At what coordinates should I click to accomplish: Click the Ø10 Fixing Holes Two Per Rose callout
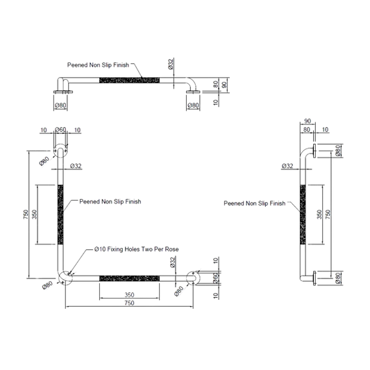[x=136, y=249]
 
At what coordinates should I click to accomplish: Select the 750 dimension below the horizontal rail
[x=129, y=303]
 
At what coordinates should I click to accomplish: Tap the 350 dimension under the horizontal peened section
[x=129, y=295]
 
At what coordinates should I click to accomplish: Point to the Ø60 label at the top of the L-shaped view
[x=60, y=130]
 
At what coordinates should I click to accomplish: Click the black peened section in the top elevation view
[x=129, y=81]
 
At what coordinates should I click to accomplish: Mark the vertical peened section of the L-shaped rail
[x=60, y=215]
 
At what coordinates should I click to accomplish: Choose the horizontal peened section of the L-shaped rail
[x=129, y=278]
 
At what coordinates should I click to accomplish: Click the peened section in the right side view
[x=303, y=215]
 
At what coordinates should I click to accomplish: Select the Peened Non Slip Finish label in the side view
[x=255, y=203]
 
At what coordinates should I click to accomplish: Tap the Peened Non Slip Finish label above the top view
[x=98, y=65]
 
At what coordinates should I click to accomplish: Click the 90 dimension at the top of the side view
[x=308, y=121]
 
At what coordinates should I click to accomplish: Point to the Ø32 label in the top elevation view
[x=171, y=64]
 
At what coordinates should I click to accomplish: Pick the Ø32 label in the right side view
[x=287, y=166]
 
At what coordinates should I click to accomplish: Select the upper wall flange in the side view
[x=314, y=151]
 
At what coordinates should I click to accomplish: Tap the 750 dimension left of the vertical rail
[x=26, y=215]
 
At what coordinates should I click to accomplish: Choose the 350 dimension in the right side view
[x=319, y=215]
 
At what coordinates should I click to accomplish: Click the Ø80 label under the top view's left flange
[x=60, y=106]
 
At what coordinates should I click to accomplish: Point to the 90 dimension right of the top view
[x=225, y=85]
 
